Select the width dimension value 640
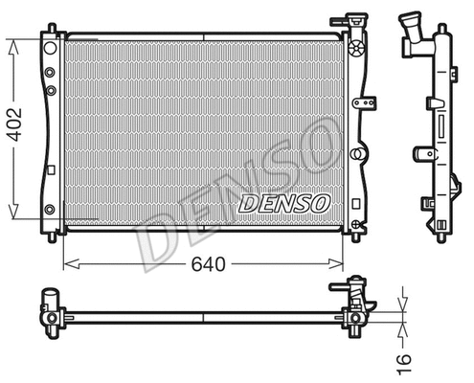coord(202,264)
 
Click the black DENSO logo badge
coord(284,203)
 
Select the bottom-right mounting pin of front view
coord(355,230)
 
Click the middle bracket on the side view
coord(424,153)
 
